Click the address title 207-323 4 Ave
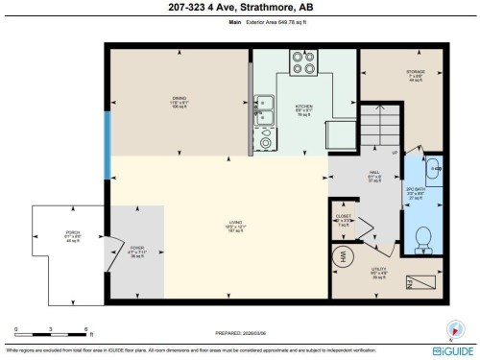(239, 10)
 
